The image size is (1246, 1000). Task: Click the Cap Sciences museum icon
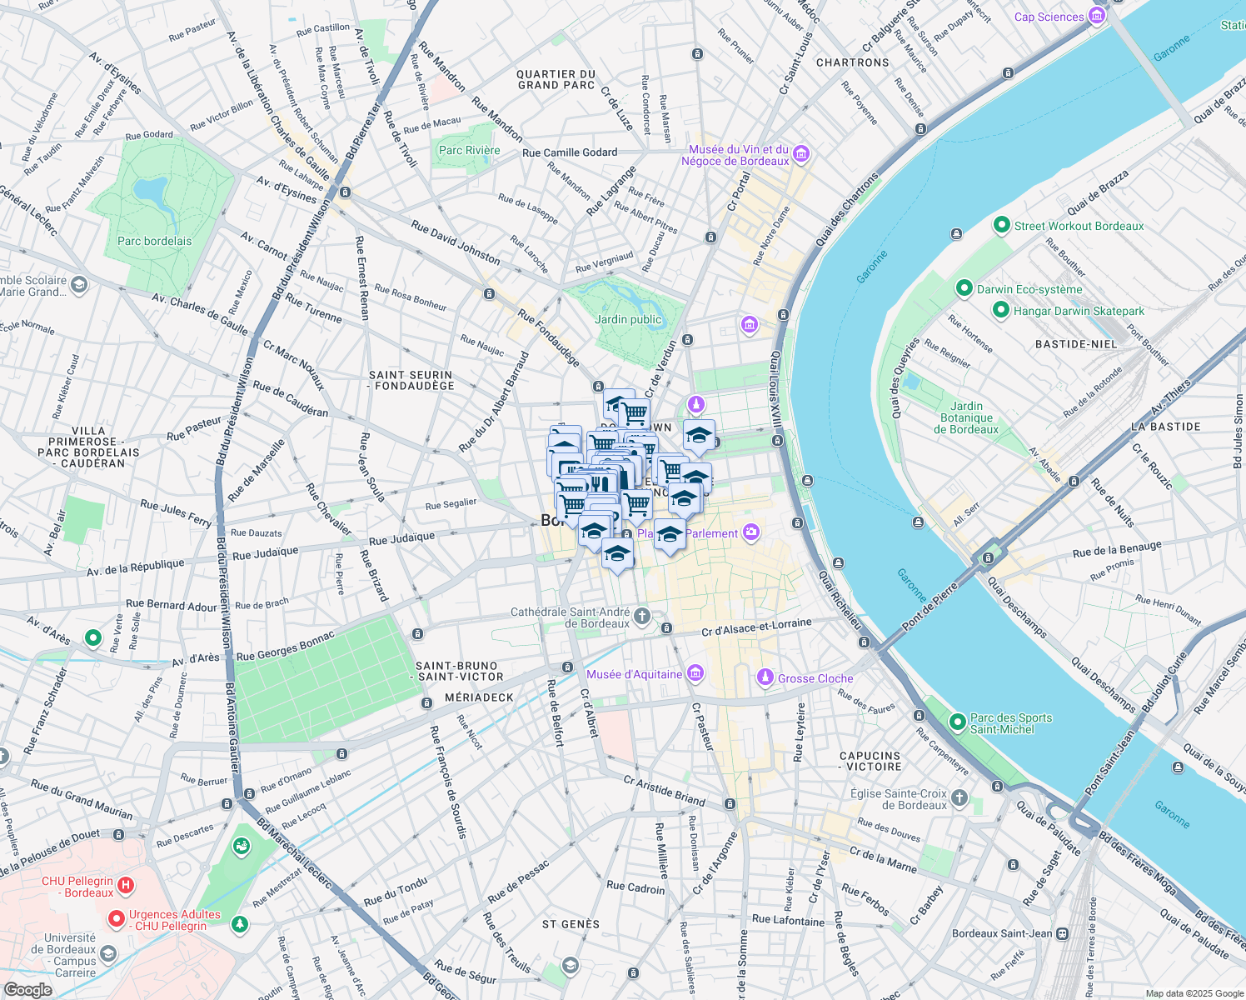pyautogui.click(x=1097, y=17)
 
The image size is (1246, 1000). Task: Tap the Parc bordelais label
pyautogui.click(x=154, y=242)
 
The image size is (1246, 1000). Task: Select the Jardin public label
pyautogui.click(x=628, y=320)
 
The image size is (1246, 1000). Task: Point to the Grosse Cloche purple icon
pyautogui.click(x=765, y=678)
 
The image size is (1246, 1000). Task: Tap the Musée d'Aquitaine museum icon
pyautogui.click(x=695, y=674)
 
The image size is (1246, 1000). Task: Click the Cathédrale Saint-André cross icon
pyautogui.click(x=641, y=617)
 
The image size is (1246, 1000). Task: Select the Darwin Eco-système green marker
pyautogui.click(x=964, y=289)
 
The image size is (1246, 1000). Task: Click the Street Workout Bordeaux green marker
pyautogui.click(x=1002, y=226)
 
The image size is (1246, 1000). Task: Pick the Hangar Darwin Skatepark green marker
pyautogui.click(x=1002, y=311)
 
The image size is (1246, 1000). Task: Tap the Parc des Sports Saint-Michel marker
pyautogui.click(x=958, y=722)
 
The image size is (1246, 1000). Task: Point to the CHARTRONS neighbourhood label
pyautogui.click(x=853, y=62)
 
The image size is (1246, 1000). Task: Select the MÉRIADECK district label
pyautogui.click(x=479, y=697)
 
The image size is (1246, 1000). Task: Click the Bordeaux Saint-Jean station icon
pyautogui.click(x=1062, y=934)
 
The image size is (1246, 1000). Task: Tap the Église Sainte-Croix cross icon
pyautogui.click(x=959, y=798)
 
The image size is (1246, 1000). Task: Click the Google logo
pyautogui.click(x=27, y=989)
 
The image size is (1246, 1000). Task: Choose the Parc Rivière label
pyautogui.click(x=469, y=151)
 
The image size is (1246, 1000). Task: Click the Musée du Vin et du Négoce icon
pyautogui.click(x=801, y=153)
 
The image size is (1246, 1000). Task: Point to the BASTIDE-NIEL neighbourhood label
pyautogui.click(x=1076, y=344)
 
